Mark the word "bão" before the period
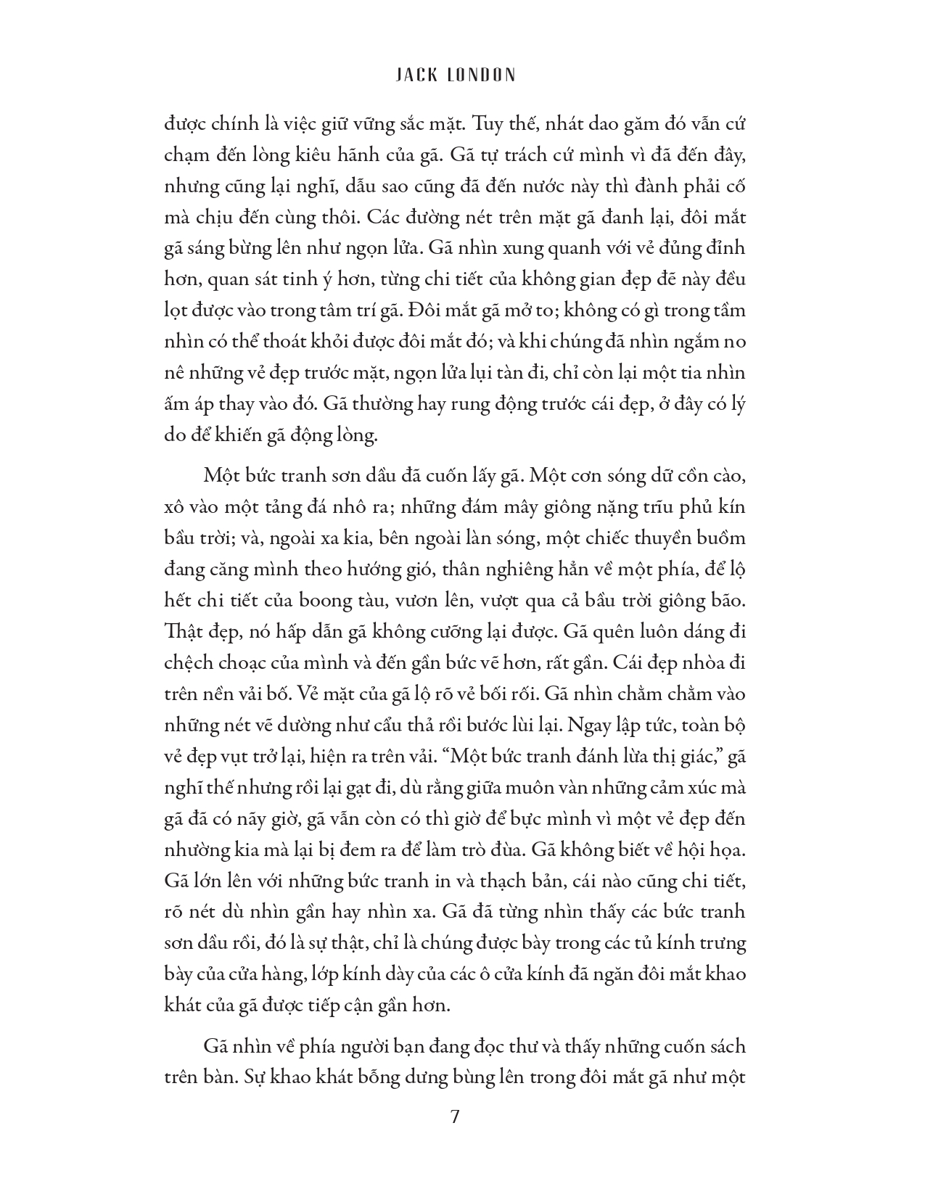point(728,601)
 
